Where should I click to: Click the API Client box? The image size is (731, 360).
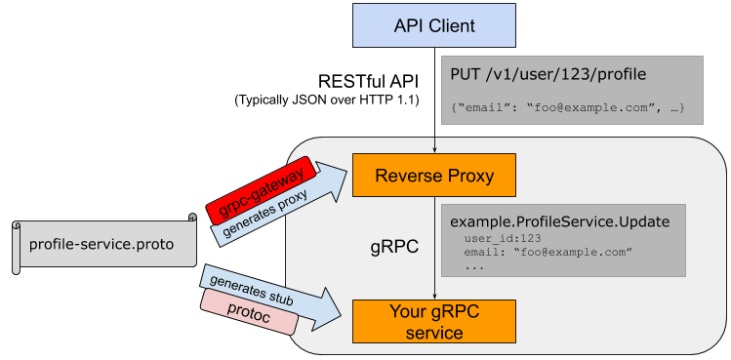[434, 25]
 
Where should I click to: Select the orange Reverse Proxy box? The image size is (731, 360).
[434, 177]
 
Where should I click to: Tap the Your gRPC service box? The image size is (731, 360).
[434, 321]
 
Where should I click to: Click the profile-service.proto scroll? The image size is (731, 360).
[102, 244]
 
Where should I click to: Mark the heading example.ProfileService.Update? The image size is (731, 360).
[559, 221]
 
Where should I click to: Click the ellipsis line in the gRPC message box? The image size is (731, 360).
[475, 265]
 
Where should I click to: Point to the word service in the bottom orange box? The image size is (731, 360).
[434, 332]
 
